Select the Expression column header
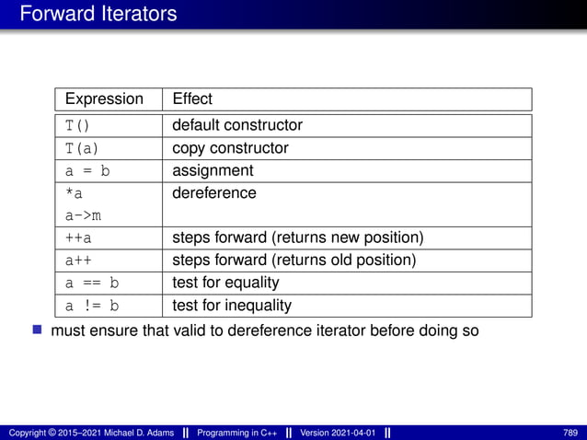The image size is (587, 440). tap(104, 98)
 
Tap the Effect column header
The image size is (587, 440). tap(192, 98)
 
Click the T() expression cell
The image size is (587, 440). tap(78, 125)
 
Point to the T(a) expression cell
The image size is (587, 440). tap(82, 148)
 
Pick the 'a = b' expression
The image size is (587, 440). tap(91, 171)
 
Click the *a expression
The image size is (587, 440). tap(74, 193)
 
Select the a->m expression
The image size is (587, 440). tap(82, 215)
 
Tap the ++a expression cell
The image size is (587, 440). tap(78, 238)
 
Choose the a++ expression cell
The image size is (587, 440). tap(78, 261)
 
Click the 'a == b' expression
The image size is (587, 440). tap(91, 283)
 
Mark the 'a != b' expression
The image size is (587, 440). tap(91, 306)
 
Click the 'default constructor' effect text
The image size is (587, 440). tap(237, 125)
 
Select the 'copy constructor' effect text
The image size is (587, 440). tap(230, 148)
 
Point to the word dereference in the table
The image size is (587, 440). tap(214, 193)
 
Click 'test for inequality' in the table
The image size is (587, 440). tap(232, 306)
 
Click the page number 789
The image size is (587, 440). tap(570, 433)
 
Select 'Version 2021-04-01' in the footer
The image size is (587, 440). tap(338, 433)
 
